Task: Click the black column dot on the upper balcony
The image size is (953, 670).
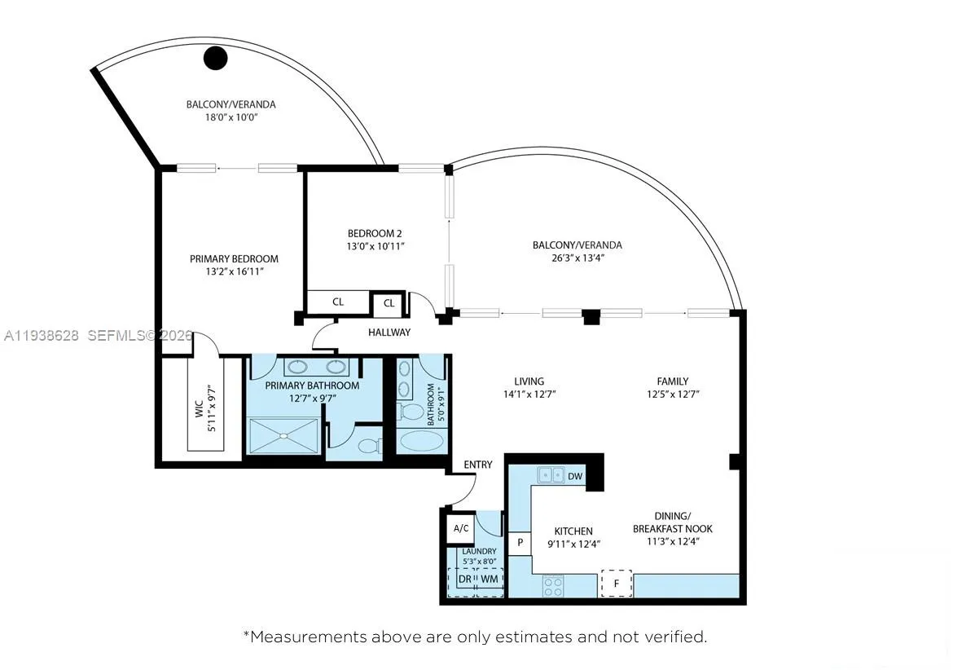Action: point(215,57)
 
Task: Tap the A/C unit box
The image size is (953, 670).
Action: point(461,528)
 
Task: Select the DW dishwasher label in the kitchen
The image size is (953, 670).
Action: point(574,476)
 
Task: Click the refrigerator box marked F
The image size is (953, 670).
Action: point(616,583)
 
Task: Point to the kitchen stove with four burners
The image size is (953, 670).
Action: point(554,584)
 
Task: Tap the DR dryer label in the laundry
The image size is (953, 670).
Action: point(464,579)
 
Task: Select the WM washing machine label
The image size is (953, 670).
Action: point(489,579)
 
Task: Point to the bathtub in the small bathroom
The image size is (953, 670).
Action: point(421,442)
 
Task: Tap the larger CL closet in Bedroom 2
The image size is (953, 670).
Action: point(338,302)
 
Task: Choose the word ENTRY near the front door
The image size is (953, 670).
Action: point(478,465)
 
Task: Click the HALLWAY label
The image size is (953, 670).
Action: point(389,333)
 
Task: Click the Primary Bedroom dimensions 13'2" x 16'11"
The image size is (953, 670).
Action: point(234,271)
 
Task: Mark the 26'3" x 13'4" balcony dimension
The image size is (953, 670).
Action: point(577,258)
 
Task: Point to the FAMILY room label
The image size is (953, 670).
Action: point(673,381)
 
